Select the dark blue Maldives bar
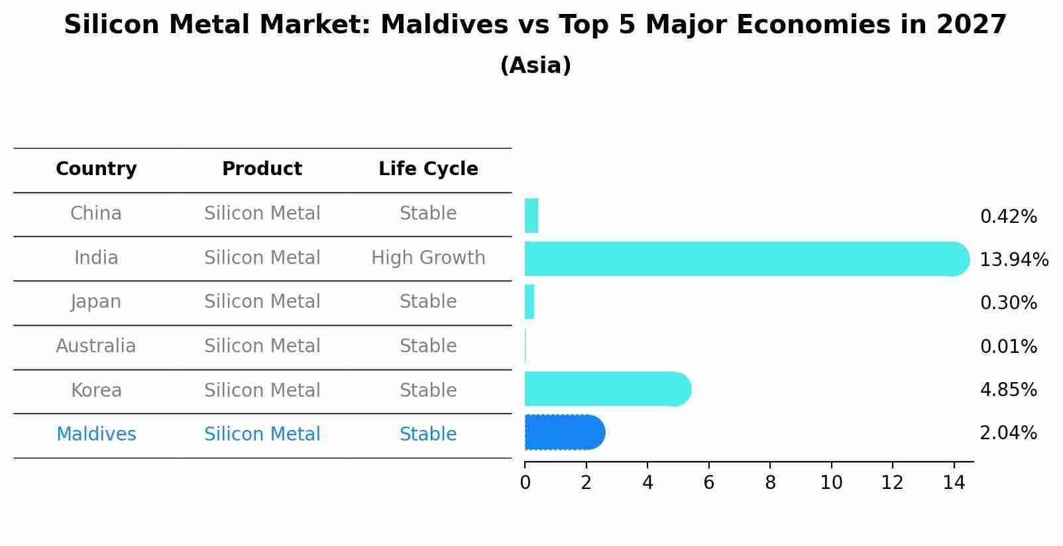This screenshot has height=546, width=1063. (564, 433)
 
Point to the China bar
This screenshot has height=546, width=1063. (531, 216)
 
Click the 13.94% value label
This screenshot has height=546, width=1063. (1013, 260)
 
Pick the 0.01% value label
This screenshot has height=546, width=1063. (1008, 347)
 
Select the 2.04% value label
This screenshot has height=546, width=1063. (1008, 433)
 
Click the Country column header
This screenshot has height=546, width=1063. (96, 169)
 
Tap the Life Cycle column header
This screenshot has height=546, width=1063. (428, 169)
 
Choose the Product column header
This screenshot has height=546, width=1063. (262, 169)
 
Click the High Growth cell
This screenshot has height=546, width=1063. (428, 258)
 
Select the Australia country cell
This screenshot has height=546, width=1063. (96, 346)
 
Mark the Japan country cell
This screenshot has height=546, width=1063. (96, 302)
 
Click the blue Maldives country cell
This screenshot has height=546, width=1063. (96, 435)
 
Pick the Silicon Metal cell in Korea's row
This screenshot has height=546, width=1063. (262, 391)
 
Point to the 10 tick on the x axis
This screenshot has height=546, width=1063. (831, 483)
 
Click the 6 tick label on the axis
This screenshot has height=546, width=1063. (708, 483)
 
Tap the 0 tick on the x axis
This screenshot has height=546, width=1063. (525, 483)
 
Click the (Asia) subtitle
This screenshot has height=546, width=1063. (535, 66)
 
